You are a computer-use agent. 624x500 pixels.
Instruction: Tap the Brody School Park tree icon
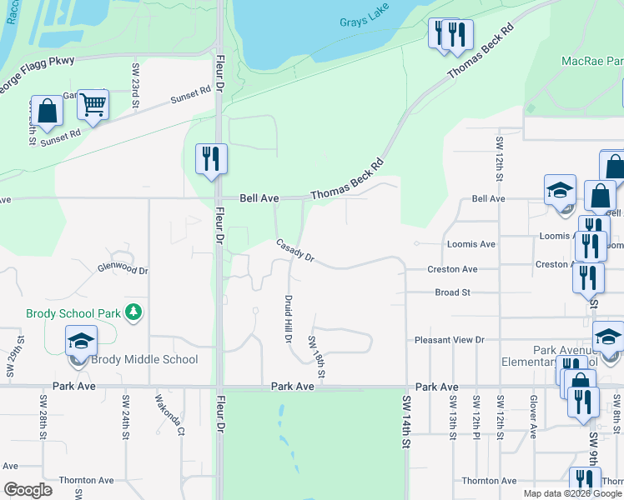(x=133, y=312)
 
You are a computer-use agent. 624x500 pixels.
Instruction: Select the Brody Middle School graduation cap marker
(x=82, y=342)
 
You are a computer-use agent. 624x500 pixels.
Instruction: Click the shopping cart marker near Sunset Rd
(x=93, y=105)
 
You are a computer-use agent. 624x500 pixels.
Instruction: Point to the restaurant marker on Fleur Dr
(x=211, y=158)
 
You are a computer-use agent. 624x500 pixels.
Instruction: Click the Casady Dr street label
(x=294, y=251)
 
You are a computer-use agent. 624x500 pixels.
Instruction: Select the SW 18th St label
(x=315, y=355)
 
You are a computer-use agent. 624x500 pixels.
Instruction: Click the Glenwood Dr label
(x=122, y=270)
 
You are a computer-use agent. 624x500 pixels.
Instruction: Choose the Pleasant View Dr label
(x=450, y=340)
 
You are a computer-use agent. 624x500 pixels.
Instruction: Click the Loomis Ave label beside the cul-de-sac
(x=471, y=245)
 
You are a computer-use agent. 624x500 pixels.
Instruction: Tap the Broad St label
(x=453, y=292)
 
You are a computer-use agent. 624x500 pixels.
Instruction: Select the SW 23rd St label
(x=136, y=82)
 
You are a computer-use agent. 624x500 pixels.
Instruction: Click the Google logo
(x=28, y=490)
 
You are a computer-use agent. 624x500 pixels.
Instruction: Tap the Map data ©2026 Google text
(x=573, y=493)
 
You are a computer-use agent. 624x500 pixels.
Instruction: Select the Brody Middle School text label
(x=147, y=360)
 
